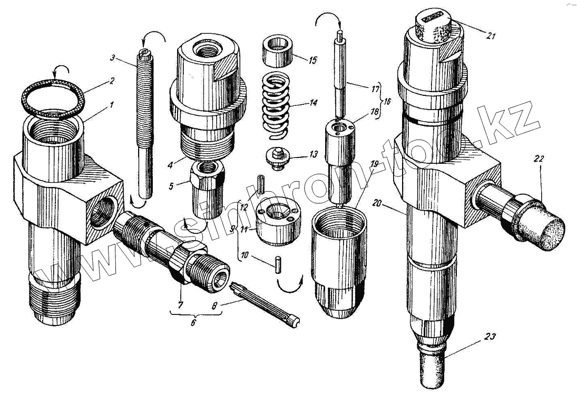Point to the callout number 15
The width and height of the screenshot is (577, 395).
coord(313,60)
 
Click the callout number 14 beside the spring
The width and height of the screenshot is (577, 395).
coord(313,103)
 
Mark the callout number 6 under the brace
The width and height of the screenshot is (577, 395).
coord(193,322)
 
